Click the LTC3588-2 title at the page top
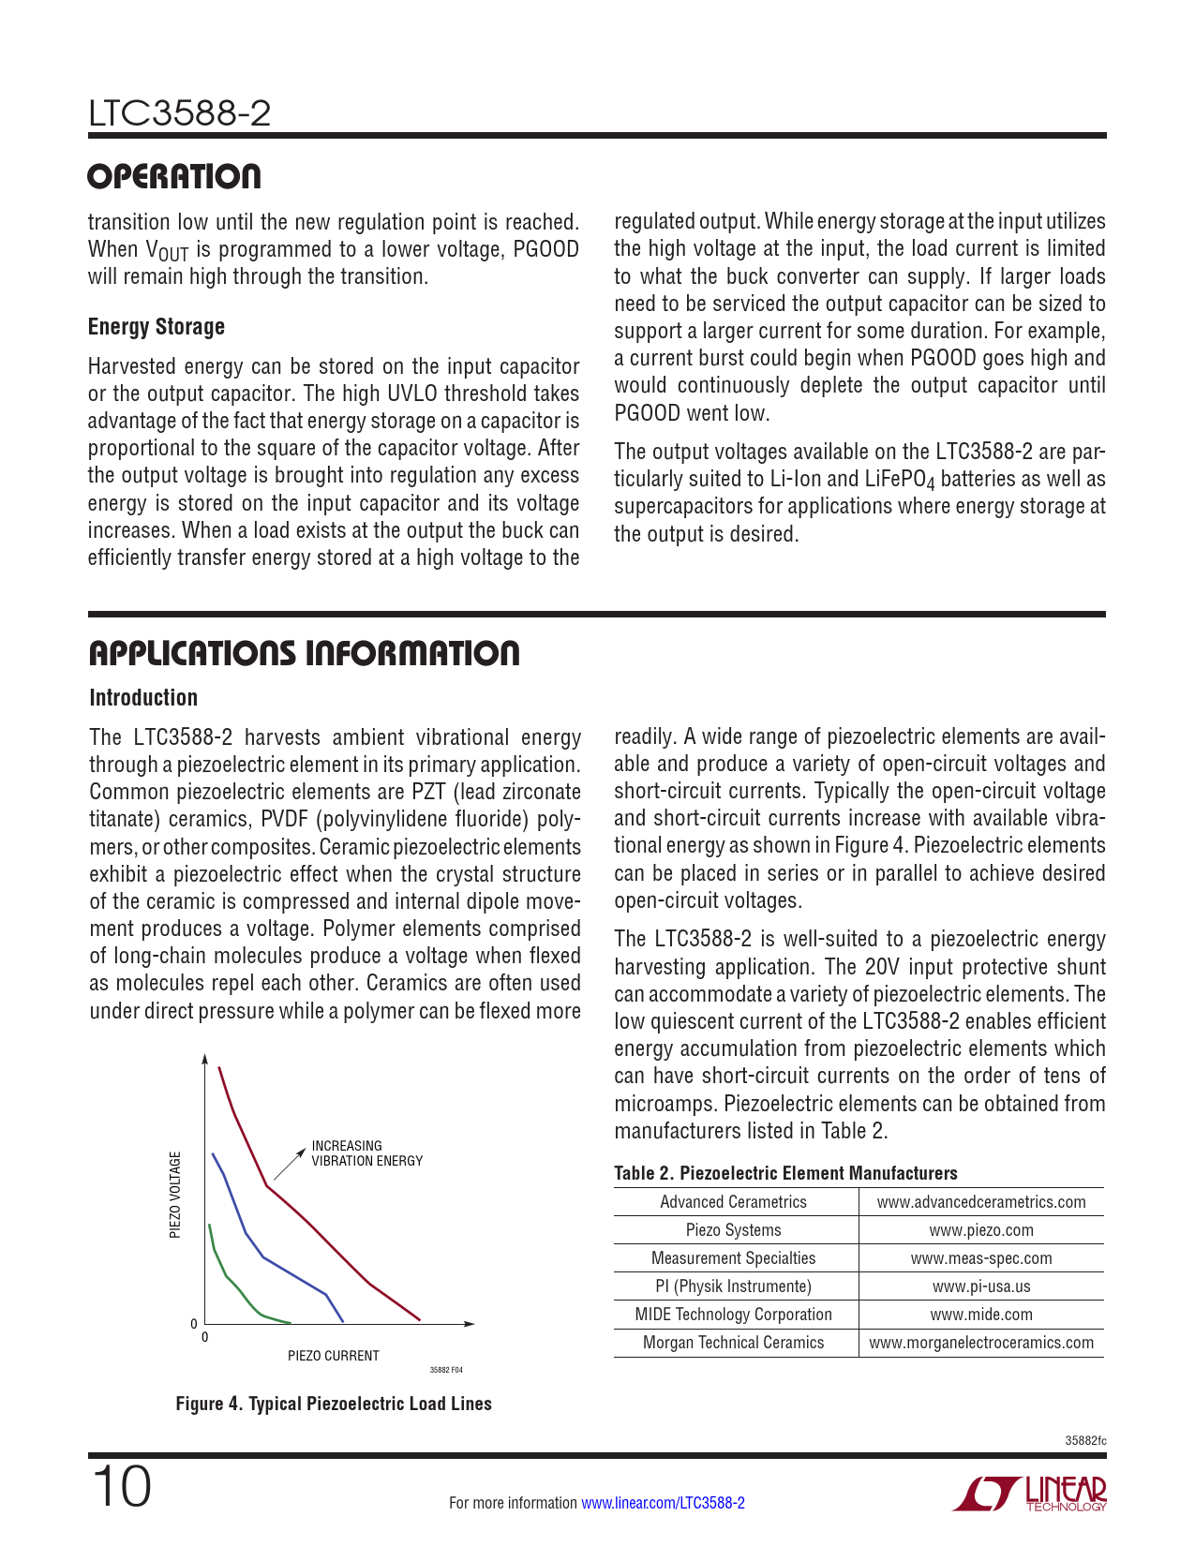[179, 114]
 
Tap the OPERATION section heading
[174, 177]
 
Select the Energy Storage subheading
[156, 327]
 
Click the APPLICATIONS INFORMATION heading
[304, 654]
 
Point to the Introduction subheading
[143, 698]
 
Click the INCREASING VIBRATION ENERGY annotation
[366, 1153]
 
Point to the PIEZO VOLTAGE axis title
[175, 1195]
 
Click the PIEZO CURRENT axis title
[333, 1356]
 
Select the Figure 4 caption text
[334, 1404]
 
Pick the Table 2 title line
[785, 1173]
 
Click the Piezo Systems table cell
[733, 1230]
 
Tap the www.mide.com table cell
[980, 1315]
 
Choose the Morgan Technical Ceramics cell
[733, 1343]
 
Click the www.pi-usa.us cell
[980, 1286]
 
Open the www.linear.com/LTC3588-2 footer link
[663, 1503]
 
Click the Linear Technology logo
[1030, 1494]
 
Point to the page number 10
[120, 1488]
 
